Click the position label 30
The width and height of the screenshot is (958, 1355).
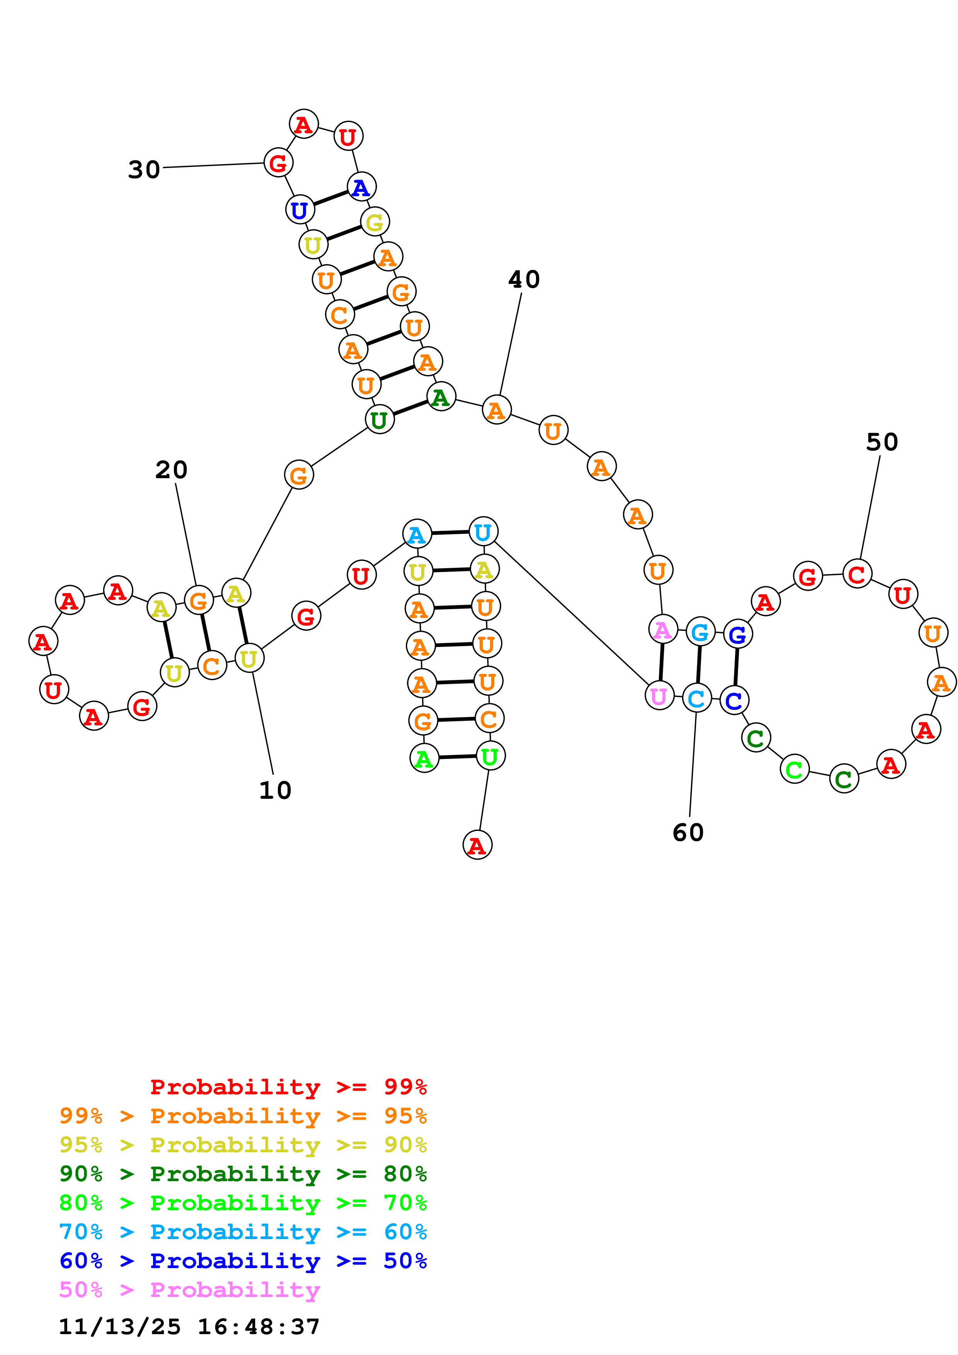point(144,170)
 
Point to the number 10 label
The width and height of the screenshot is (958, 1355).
point(275,790)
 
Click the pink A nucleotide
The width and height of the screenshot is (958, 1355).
point(662,630)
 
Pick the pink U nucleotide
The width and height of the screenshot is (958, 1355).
point(659,696)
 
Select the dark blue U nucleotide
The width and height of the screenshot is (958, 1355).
point(299,209)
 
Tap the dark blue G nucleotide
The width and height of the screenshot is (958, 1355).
point(737,634)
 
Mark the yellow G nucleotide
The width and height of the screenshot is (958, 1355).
point(374,222)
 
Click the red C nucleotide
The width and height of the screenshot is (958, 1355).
point(856,574)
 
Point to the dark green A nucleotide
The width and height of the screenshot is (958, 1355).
point(440,397)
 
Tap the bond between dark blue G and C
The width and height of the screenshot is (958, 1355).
point(735,667)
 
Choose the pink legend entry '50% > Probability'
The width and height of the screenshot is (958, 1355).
point(189,1290)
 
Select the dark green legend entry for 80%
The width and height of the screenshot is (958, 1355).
point(243,1174)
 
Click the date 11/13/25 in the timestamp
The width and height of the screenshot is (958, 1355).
point(119,1327)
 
